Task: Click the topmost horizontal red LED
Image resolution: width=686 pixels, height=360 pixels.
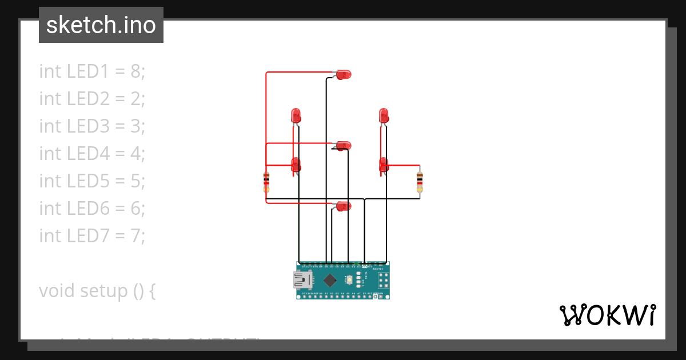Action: point(344,74)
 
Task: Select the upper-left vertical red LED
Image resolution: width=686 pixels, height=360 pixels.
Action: point(296,115)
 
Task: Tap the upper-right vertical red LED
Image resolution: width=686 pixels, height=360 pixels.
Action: point(384,115)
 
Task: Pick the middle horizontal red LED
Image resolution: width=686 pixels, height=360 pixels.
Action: point(344,146)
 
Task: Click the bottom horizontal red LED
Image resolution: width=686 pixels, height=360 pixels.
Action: point(344,206)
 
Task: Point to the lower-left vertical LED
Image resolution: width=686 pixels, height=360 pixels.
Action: point(296,165)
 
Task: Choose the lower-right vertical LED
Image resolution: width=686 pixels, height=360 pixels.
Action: point(384,165)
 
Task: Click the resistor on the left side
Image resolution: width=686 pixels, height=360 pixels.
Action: point(266,182)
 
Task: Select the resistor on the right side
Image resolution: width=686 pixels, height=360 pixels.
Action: point(420,182)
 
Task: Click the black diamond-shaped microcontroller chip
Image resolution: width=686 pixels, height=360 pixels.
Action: point(330,280)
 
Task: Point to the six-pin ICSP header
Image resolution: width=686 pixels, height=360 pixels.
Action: point(382,280)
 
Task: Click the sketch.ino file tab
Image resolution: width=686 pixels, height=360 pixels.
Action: point(101,25)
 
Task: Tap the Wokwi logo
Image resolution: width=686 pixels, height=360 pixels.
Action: point(607,315)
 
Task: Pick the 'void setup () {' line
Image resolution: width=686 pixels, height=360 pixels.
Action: point(97,291)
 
